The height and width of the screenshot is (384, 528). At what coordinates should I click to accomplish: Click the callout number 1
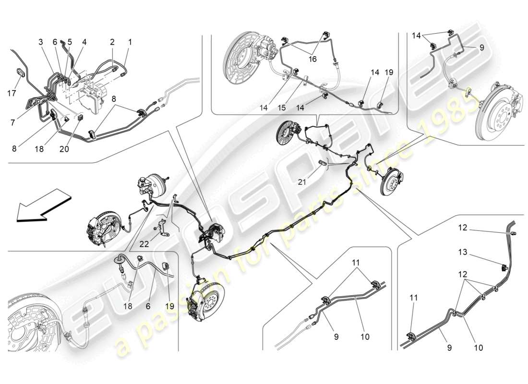129,42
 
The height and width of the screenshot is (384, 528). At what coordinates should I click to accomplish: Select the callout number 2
112,42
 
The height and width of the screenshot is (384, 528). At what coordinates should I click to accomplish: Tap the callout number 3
41,42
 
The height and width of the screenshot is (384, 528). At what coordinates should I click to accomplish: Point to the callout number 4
84,42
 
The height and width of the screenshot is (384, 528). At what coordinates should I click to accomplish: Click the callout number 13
461,252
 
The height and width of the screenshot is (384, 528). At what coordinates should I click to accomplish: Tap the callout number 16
313,59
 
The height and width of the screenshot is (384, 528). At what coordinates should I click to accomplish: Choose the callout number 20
64,149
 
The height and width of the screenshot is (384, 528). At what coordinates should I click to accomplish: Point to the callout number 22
144,244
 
